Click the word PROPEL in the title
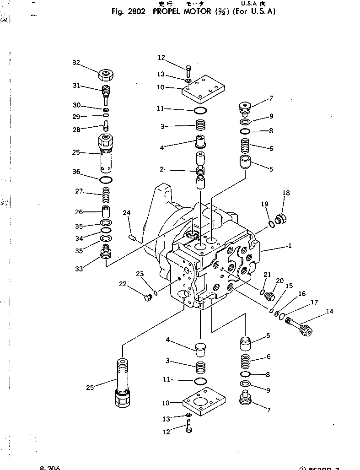click(x=167, y=12)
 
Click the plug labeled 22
click(x=147, y=299)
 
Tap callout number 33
click(x=79, y=269)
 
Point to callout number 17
click(x=314, y=302)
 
